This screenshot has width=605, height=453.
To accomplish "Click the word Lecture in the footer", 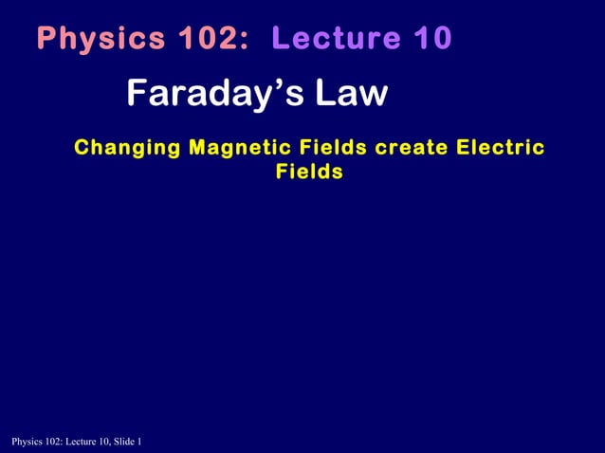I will (77, 443).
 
